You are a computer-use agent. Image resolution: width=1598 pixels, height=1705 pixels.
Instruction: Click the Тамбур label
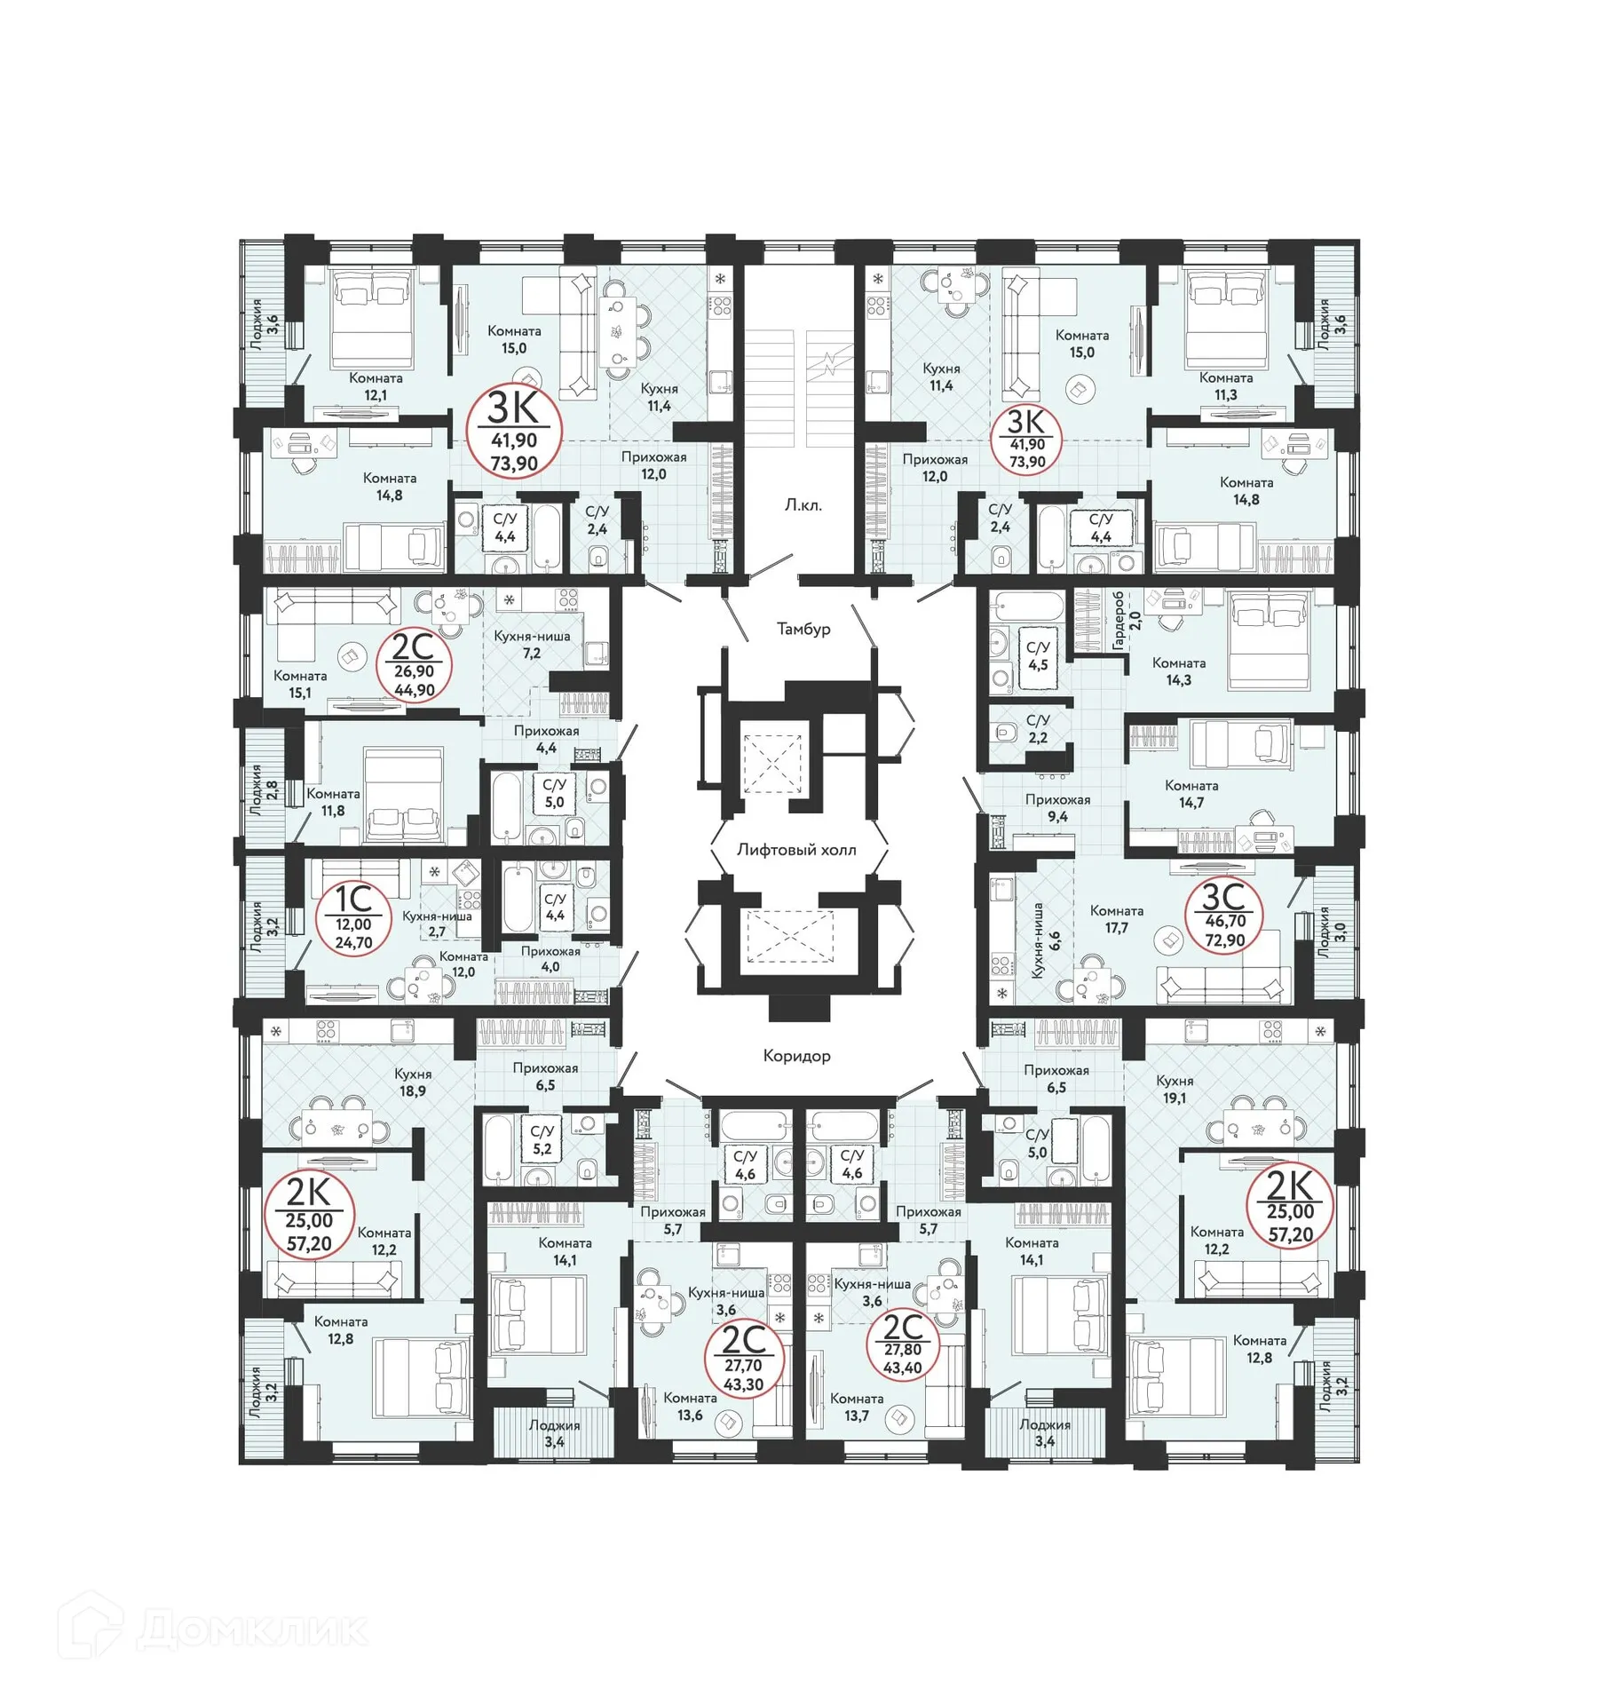[x=803, y=629]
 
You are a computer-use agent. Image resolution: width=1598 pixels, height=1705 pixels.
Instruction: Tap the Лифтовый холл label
[x=796, y=850]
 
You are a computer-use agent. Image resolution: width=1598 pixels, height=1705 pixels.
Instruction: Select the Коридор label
[x=796, y=1055]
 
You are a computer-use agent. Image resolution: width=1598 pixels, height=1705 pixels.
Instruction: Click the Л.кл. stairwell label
[x=803, y=505]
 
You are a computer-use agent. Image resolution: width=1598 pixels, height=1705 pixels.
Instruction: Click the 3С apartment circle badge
[x=1224, y=916]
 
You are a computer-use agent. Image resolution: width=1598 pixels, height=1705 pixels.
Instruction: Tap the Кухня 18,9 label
[x=413, y=1082]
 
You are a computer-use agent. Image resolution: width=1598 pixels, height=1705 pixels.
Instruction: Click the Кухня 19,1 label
[x=1174, y=1090]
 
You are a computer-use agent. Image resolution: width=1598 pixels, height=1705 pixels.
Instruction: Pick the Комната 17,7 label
[x=1116, y=919]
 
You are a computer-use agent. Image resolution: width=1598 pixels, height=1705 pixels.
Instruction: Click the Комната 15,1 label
[x=300, y=684]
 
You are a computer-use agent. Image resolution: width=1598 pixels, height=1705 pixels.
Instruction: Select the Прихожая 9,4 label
[x=1056, y=808]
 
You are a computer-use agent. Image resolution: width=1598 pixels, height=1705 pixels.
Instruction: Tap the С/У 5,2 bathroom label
[x=542, y=1139]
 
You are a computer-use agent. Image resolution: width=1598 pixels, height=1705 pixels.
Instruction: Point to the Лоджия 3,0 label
[x=1331, y=932]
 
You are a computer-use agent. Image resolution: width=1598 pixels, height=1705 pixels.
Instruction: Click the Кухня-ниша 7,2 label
[x=532, y=645]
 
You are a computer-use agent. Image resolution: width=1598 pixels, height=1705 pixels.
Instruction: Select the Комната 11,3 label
[x=1225, y=386]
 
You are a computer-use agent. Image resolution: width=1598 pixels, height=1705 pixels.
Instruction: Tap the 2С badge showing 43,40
[x=902, y=1344]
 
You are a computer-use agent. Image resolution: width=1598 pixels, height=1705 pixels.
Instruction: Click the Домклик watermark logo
[x=213, y=1628]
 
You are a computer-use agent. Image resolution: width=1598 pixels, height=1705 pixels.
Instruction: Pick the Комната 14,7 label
[x=1191, y=794]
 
